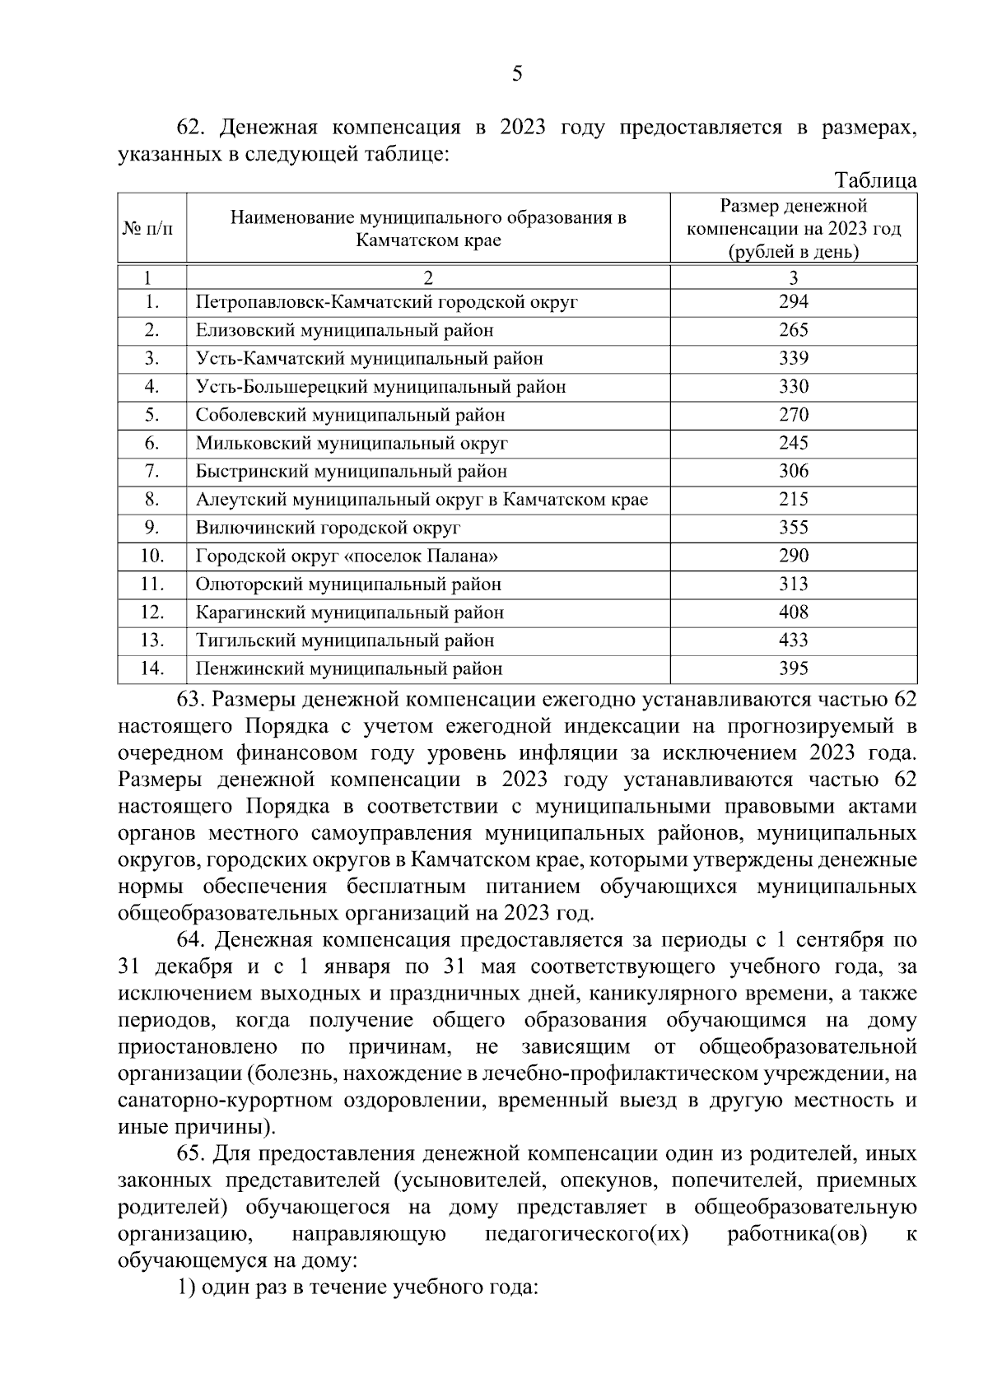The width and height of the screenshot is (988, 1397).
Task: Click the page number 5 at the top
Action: (x=517, y=75)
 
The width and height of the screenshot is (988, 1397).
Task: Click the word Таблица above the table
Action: (x=875, y=180)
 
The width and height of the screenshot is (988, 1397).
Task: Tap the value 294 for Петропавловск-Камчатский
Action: (x=793, y=302)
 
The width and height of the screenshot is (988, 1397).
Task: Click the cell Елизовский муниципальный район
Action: (x=344, y=331)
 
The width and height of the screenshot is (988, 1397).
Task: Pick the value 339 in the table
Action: (x=793, y=359)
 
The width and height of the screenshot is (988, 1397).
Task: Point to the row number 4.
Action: (x=151, y=387)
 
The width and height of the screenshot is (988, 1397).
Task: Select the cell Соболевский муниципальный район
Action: (x=350, y=415)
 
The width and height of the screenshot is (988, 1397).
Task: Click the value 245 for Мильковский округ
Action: (x=793, y=444)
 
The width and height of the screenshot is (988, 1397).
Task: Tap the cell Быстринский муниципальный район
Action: (x=351, y=472)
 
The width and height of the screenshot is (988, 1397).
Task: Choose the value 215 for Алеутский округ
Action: (x=793, y=500)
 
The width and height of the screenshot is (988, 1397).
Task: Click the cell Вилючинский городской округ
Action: (x=328, y=528)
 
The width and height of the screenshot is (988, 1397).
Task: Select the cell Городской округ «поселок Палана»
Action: (x=347, y=556)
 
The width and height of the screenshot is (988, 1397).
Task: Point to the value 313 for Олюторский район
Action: (x=793, y=584)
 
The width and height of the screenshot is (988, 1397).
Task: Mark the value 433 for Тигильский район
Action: (x=793, y=640)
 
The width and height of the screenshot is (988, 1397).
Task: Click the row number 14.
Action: (x=151, y=668)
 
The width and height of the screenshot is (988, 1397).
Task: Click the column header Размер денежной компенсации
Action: (x=793, y=229)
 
